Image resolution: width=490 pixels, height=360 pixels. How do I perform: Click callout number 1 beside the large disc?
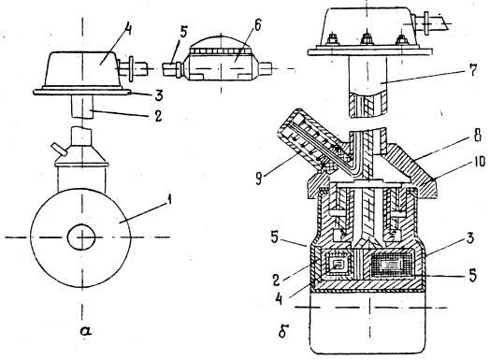[168, 200]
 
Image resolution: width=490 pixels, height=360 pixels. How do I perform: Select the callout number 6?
[257, 25]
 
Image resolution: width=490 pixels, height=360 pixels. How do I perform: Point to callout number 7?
[473, 71]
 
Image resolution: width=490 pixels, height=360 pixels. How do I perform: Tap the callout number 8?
[478, 136]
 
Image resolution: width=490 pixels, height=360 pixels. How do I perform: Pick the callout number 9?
[259, 179]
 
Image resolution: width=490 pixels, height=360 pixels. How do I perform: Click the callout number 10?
[478, 162]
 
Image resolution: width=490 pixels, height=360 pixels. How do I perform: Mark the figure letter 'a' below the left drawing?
[85, 330]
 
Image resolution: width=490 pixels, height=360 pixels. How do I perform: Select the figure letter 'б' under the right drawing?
[282, 332]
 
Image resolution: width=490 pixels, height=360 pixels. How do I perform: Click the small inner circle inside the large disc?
[81, 237]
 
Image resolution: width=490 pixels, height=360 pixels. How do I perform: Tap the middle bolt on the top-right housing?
[367, 39]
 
